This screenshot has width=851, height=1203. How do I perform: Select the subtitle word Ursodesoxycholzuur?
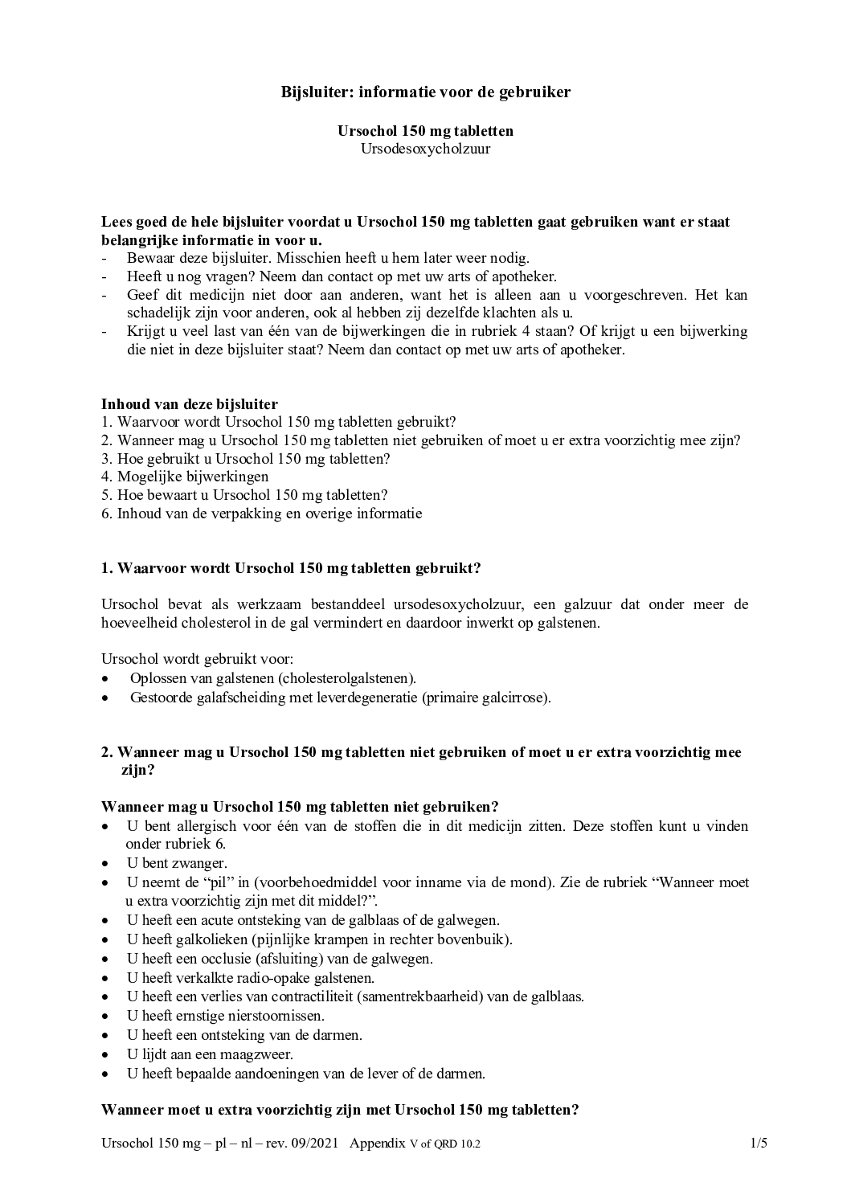click(425, 149)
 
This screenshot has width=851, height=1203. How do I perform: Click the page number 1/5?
click(759, 1144)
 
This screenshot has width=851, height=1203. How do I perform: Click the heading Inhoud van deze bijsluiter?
click(190, 403)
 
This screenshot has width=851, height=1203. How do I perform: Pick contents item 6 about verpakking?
click(261, 514)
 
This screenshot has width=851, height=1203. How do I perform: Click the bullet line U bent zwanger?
click(176, 863)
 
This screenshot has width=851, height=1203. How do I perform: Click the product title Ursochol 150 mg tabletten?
click(425, 131)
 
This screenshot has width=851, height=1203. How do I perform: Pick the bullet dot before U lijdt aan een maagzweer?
click(106, 1054)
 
